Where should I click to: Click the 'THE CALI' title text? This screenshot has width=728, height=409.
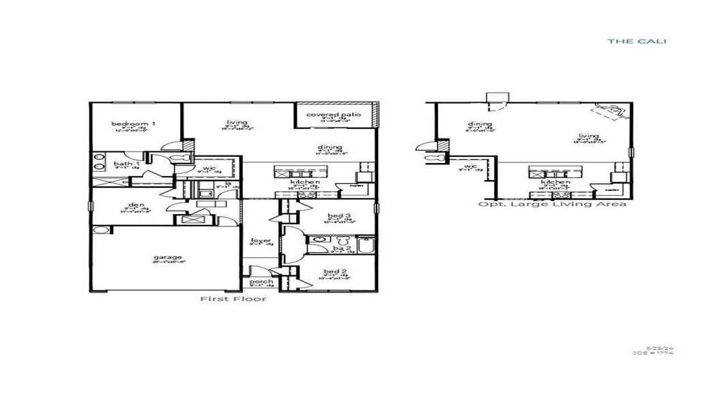click(637, 42)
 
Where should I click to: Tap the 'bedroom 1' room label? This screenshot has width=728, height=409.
click(133, 123)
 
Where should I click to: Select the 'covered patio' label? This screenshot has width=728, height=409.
click(334, 114)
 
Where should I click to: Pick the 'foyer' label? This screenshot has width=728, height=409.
click(261, 240)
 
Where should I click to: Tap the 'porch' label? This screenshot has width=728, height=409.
click(261, 282)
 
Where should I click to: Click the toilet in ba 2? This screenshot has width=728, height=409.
click(343, 242)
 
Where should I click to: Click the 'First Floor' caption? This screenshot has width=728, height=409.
click(233, 299)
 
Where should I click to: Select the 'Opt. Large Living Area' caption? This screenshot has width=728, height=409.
click(552, 204)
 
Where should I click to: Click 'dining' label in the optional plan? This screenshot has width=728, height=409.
click(480, 124)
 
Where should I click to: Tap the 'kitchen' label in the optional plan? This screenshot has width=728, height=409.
click(555, 182)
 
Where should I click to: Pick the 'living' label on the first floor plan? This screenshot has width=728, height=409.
click(237, 123)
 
